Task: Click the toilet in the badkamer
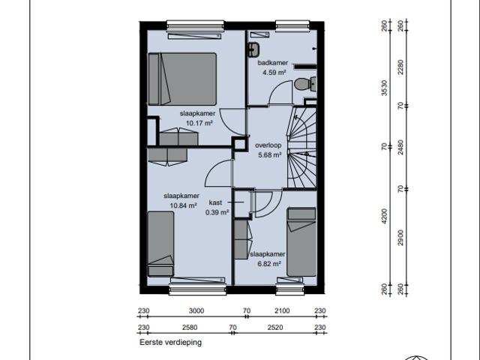pyautogui.click(x=305, y=83)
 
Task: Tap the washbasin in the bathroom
pyautogui.click(x=253, y=49)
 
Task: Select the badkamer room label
pyautogui.click(x=273, y=63)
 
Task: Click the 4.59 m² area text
pyautogui.click(x=274, y=73)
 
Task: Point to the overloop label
pyautogui.click(x=268, y=145)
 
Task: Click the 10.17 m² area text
pyautogui.click(x=199, y=123)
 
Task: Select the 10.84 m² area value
pyautogui.click(x=183, y=205)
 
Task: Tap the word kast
pyautogui.click(x=215, y=202)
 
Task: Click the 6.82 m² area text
pyautogui.click(x=269, y=264)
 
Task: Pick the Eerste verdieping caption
pyautogui.click(x=170, y=342)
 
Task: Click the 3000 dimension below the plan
pyautogui.click(x=196, y=311)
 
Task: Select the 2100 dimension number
pyautogui.click(x=282, y=311)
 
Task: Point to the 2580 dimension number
pyautogui.click(x=190, y=328)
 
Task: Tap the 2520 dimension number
pyautogui.click(x=275, y=328)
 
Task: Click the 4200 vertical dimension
pyautogui.click(x=384, y=217)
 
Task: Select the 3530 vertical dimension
pyautogui.click(x=384, y=88)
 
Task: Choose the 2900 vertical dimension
pyautogui.click(x=400, y=238)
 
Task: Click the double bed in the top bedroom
pyautogui.click(x=182, y=79)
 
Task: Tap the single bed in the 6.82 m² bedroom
pyautogui.click(x=301, y=241)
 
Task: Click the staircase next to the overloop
pyautogui.click(x=301, y=147)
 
